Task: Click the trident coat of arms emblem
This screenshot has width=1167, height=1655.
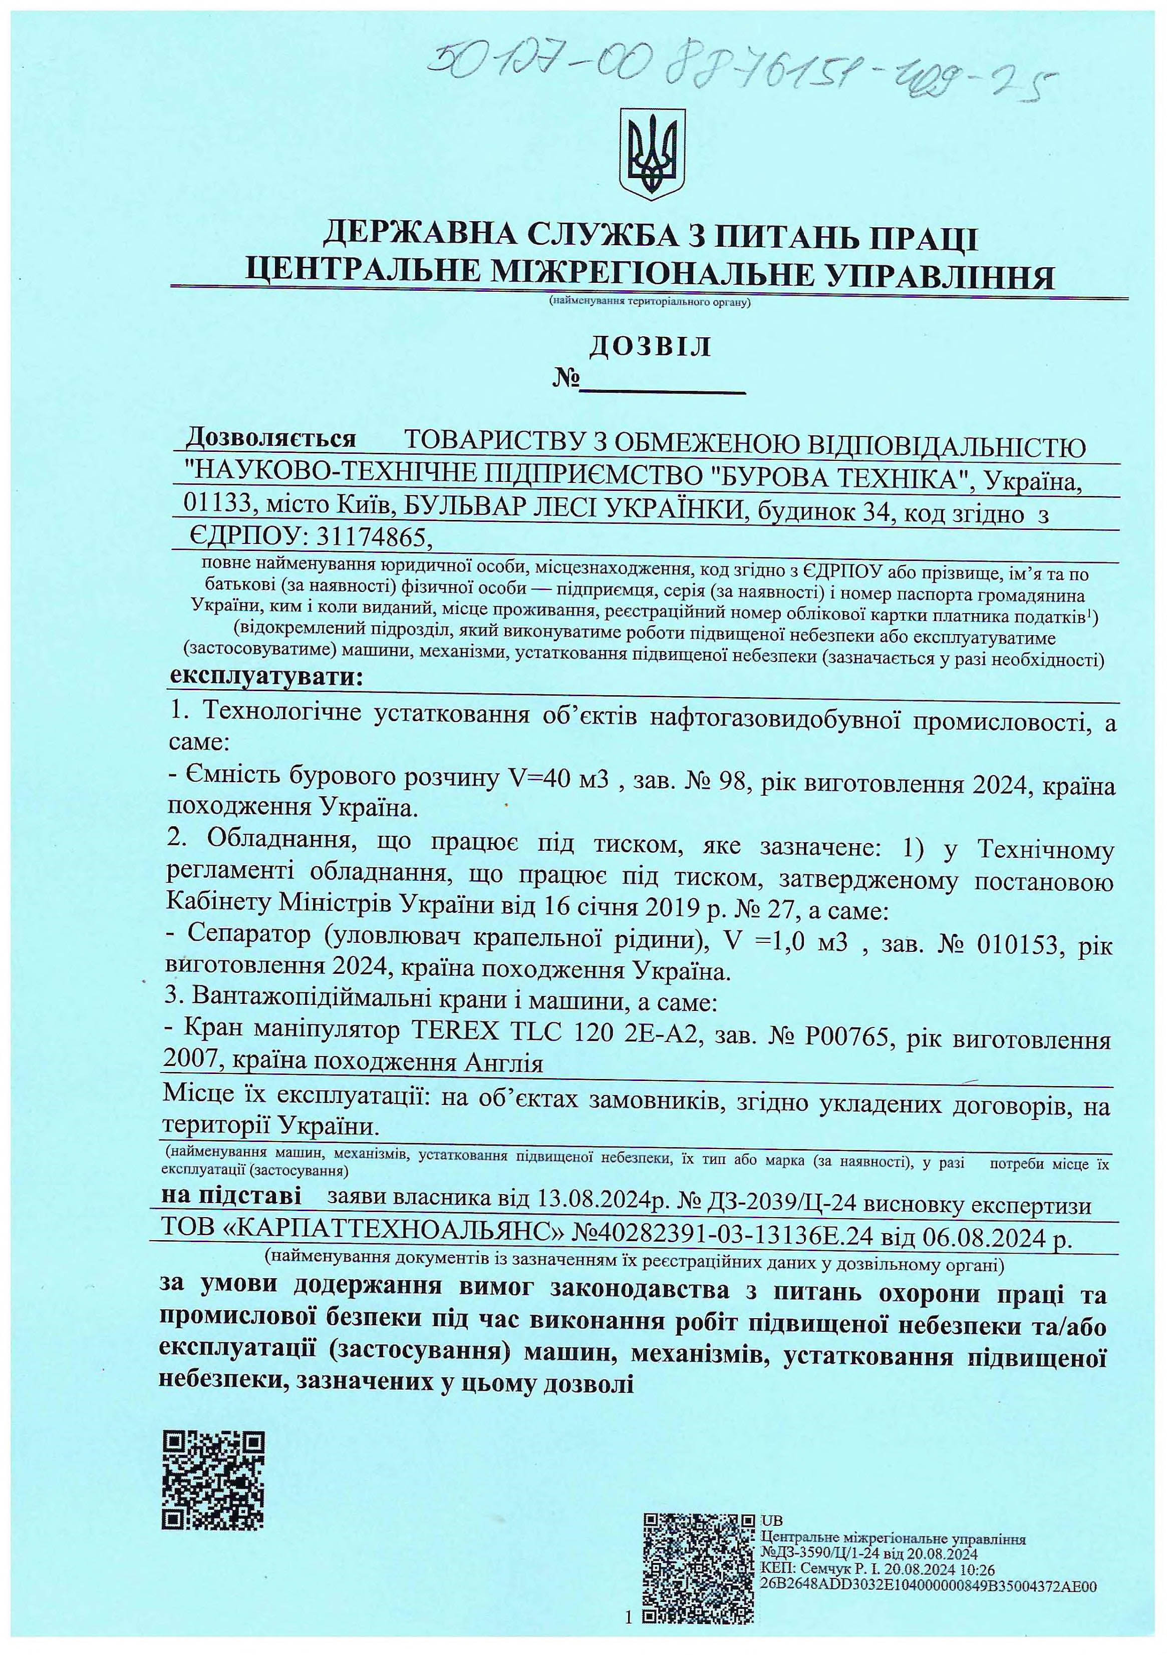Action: [x=651, y=154]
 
